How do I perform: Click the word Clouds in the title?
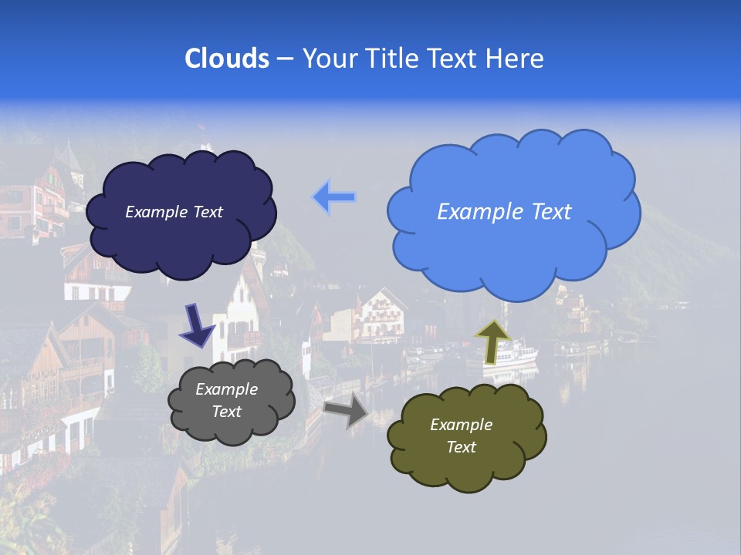227,59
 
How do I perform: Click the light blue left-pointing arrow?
334,197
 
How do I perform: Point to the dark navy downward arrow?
197,325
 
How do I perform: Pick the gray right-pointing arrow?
346,411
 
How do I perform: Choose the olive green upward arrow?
492,341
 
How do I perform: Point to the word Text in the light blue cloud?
547,212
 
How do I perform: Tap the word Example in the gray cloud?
227,389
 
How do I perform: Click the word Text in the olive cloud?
461,447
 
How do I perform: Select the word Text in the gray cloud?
227,412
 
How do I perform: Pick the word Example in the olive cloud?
461,425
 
